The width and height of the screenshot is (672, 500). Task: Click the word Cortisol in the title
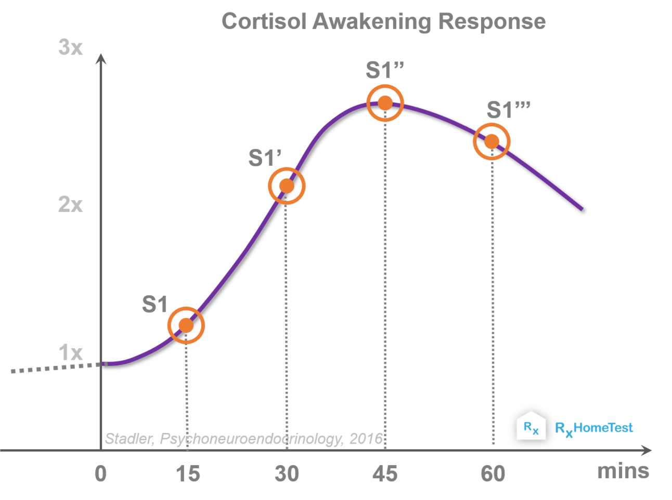pyautogui.click(x=264, y=21)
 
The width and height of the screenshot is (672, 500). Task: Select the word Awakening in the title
pyautogui.click(x=371, y=22)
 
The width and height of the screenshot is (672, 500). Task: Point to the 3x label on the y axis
pyautogui.click(x=70, y=47)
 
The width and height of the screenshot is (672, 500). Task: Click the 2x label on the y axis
pyautogui.click(x=70, y=204)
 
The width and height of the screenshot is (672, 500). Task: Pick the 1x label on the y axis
pyautogui.click(x=70, y=352)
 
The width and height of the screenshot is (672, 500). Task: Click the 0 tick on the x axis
pyautogui.click(x=100, y=474)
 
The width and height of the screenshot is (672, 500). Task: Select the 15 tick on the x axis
pyautogui.click(x=188, y=474)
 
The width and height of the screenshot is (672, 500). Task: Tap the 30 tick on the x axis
pyautogui.click(x=287, y=474)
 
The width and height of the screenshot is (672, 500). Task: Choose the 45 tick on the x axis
pyautogui.click(x=385, y=474)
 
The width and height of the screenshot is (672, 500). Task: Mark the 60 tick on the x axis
pyautogui.click(x=493, y=474)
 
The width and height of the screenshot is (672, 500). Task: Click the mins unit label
pyautogui.click(x=623, y=471)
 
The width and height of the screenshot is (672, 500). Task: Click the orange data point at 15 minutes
pyautogui.click(x=186, y=325)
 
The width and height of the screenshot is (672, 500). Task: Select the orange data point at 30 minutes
pyautogui.click(x=287, y=186)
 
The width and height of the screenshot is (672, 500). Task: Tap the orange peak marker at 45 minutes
pyautogui.click(x=385, y=103)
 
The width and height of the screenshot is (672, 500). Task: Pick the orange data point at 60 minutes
pyautogui.click(x=492, y=141)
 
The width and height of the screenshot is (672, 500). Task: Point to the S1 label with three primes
pyautogui.click(x=508, y=109)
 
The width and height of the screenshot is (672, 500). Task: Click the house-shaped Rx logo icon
pyautogui.click(x=531, y=426)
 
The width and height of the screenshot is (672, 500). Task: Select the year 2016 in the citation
pyautogui.click(x=366, y=439)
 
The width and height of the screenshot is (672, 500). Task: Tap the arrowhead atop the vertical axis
pyautogui.click(x=100, y=59)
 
